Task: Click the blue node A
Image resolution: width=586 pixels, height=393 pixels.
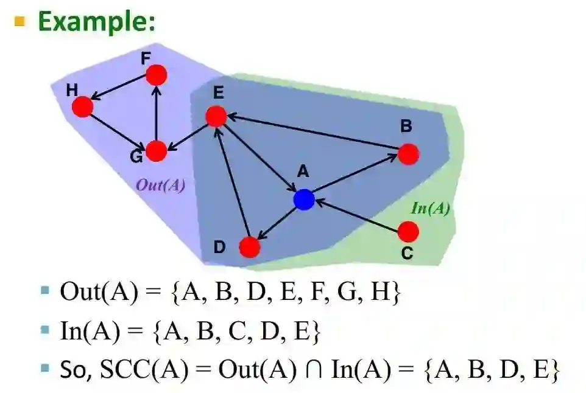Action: pos(303,199)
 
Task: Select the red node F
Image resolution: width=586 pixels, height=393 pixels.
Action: pos(157,75)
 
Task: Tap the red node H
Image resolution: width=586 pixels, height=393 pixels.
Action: pos(82,107)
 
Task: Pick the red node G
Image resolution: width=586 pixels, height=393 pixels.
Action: pos(157,151)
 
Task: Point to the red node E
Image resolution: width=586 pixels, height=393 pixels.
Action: pos(216,116)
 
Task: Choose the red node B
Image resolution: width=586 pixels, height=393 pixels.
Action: pos(408,154)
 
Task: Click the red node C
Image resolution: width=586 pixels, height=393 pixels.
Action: pos(408,231)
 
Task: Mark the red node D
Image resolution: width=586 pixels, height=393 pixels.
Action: pos(250,247)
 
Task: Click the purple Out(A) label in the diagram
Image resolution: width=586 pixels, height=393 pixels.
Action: pos(160,186)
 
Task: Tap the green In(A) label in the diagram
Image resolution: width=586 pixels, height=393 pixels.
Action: pos(431,209)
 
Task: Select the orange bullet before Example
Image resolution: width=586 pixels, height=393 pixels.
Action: pos(21,22)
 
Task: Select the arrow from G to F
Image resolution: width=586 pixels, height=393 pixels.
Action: pos(157,113)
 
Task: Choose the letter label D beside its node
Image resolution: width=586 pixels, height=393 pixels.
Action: pos(219,248)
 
